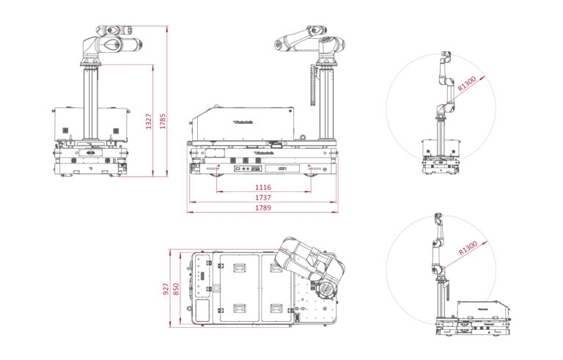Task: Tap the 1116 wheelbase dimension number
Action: pyautogui.click(x=263, y=188)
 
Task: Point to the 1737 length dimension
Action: pyautogui.click(x=263, y=198)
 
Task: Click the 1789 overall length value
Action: pyautogui.click(x=263, y=208)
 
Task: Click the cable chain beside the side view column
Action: pyautogui.click(x=314, y=92)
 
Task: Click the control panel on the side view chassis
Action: pyautogui.click(x=243, y=169)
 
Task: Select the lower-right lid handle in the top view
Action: pyautogui.click(x=276, y=308)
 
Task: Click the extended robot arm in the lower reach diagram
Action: pyautogui.click(x=440, y=242)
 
